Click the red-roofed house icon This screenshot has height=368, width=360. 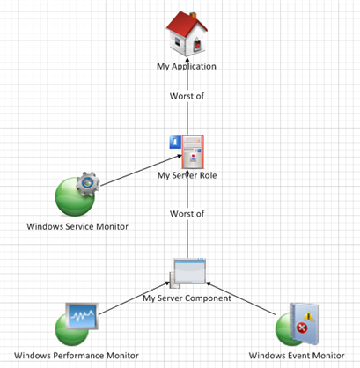tap(187, 33)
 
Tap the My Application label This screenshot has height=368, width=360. tap(187, 66)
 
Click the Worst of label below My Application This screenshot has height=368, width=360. tap(187, 96)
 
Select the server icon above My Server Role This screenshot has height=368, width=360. tap(193, 151)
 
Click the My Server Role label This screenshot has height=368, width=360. tap(187, 175)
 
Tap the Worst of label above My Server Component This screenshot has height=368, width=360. tap(187, 214)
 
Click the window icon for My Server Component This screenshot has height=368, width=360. tap(188, 273)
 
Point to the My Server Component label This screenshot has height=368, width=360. tap(187, 298)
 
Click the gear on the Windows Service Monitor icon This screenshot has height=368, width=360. tap(88, 184)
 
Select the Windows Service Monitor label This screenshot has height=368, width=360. tap(77, 226)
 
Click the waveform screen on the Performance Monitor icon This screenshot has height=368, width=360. tap(82, 316)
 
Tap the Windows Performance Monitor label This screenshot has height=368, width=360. tap(77, 356)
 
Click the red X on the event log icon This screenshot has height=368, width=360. tap(302, 328)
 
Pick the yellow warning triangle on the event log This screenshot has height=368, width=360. tap(309, 316)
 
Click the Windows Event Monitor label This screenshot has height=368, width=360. tap(297, 356)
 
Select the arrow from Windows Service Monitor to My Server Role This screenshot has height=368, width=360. tap(141, 171)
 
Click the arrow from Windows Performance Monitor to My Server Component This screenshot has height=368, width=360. tap(134, 298)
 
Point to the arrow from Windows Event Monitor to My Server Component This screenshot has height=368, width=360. tap(241, 298)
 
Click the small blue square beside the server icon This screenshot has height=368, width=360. tap(175, 142)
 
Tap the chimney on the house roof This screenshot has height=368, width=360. tap(193, 15)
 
